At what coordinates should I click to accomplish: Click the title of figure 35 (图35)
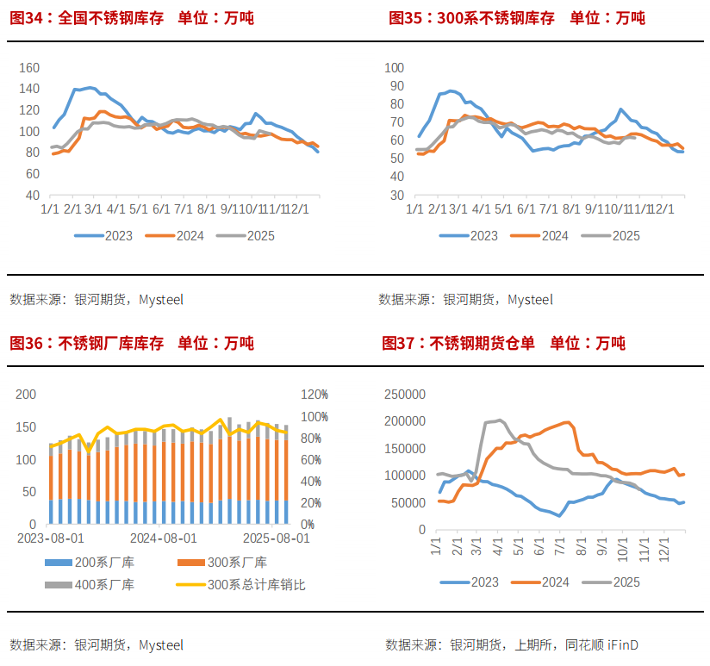pos(517,18)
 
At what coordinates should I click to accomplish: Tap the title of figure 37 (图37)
pos(503,343)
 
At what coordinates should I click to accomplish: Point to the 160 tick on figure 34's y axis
pos(29,67)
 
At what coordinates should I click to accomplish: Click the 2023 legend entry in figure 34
pos(103,235)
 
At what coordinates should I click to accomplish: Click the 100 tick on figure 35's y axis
pos(394,67)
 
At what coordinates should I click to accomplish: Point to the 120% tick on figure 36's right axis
pos(314,395)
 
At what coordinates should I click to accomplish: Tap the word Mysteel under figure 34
pos(161,300)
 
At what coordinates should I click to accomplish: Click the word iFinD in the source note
pos(623,644)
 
